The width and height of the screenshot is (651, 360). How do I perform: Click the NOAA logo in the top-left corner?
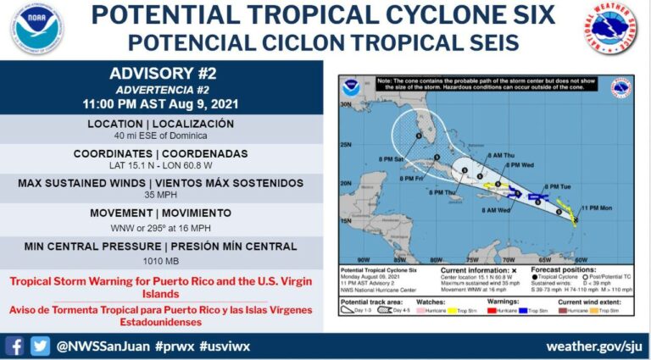coord(37,29)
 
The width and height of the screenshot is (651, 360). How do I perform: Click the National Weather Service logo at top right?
coord(610,29)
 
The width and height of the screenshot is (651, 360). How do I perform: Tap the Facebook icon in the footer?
coord(14,346)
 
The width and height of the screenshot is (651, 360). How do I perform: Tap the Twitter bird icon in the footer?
coord(40,346)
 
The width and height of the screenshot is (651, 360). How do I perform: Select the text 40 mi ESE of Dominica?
coord(161,136)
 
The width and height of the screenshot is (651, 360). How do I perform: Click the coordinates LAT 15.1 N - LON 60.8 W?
coord(161,166)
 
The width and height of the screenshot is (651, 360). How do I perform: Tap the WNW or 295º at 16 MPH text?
coord(161,227)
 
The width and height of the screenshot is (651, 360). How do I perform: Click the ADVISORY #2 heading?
coord(161,74)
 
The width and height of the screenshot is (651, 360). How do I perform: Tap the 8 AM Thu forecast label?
coord(501,155)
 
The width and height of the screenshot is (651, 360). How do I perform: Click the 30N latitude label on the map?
coord(345,105)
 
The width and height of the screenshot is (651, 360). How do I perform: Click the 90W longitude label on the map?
coord(362,258)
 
